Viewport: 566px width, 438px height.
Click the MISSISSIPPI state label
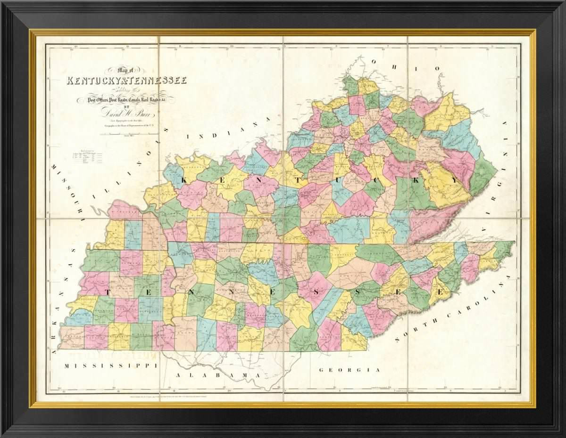coord(110,365)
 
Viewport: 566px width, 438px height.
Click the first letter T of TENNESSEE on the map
coord(107,292)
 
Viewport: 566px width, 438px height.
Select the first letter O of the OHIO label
coord(374,61)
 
